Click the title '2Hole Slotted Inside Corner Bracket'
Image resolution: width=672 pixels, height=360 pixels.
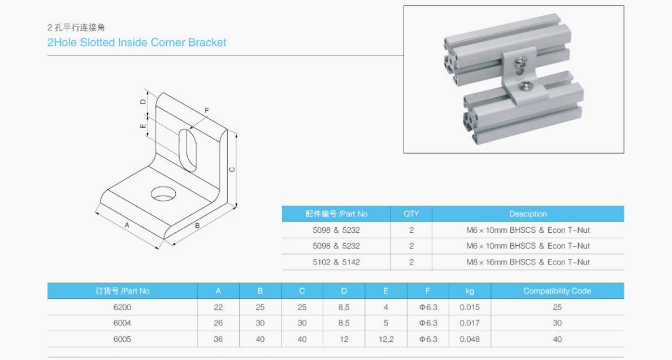(x=137, y=42)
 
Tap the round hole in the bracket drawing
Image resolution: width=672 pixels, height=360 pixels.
(x=163, y=193)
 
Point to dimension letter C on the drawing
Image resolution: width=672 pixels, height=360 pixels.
(x=232, y=170)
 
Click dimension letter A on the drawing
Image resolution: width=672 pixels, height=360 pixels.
(x=127, y=225)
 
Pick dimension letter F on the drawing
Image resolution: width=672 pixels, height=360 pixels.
(x=207, y=110)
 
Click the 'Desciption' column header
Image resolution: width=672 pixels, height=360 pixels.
(x=528, y=214)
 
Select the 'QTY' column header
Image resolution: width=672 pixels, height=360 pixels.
(x=411, y=214)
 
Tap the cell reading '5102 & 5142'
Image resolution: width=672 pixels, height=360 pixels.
(x=336, y=262)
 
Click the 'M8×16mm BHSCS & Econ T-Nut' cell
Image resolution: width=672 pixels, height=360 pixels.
(x=528, y=262)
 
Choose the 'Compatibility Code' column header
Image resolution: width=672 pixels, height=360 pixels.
(x=557, y=291)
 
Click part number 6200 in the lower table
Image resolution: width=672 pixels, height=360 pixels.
(x=122, y=307)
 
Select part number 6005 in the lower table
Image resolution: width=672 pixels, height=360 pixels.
(x=122, y=340)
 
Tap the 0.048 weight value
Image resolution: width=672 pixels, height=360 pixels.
(x=469, y=340)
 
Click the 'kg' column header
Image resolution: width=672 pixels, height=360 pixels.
(x=469, y=291)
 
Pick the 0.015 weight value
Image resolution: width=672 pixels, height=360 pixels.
(x=469, y=307)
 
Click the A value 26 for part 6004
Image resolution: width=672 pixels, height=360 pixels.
(x=218, y=323)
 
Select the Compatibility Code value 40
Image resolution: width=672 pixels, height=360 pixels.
(x=557, y=340)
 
